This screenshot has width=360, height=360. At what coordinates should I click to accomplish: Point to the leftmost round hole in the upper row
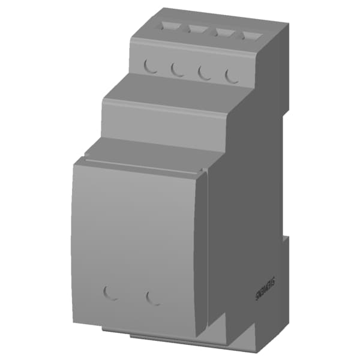tap(151, 65)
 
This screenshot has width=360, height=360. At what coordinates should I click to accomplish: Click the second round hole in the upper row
tap(177, 69)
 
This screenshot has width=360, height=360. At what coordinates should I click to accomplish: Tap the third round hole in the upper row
tap(204, 72)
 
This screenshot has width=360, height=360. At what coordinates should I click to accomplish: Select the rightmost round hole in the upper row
tap(231, 76)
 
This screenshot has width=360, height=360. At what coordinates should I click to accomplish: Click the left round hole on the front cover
tap(111, 292)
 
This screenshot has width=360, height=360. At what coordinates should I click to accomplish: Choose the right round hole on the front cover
tap(154, 297)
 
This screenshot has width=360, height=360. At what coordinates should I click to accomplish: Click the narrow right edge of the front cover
tap(203, 252)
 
